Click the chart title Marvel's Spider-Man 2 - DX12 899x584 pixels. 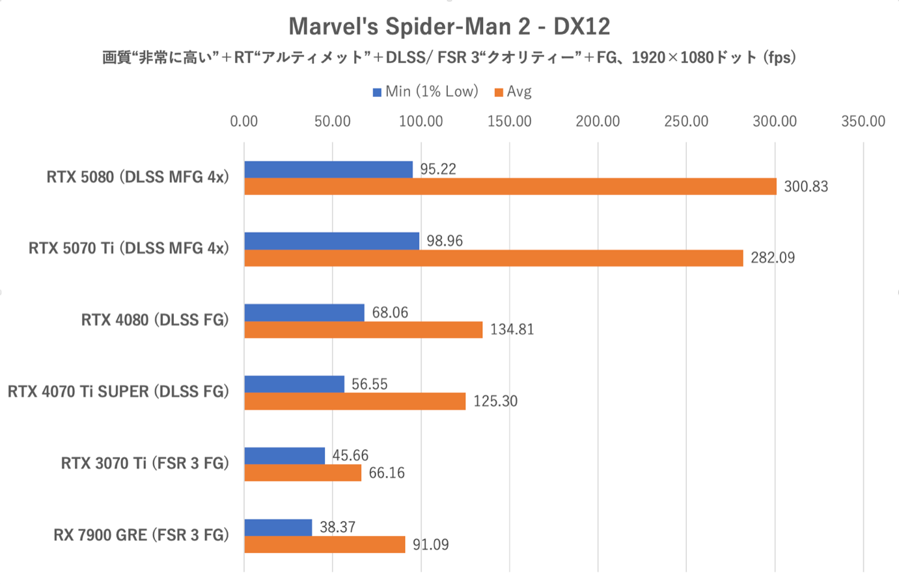click(449, 27)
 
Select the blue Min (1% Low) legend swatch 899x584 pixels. click(377, 92)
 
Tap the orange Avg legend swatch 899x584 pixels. click(499, 92)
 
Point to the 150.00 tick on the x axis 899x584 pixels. click(509, 122)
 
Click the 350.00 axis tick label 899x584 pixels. click(863, 122)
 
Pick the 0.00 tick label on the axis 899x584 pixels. click(244, 122)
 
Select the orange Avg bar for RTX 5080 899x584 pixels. click(510, 187)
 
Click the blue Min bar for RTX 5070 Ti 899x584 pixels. click(332, 241)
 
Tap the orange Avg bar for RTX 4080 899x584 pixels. click(363, 330)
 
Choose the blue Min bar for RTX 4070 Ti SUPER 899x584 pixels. click(294, 384)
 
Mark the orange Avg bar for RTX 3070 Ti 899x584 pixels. click(303, 473)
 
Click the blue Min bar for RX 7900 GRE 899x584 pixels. click(278, 527)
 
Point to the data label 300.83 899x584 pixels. click(806, 187)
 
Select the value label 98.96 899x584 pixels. click(445, 241)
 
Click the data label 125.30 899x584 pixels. click(495, 401)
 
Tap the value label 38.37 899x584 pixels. click(337, 527)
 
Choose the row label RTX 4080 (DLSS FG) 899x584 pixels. click(155, 320)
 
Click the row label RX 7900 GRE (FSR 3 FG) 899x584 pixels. click(141, 535)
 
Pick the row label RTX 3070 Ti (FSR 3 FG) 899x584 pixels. click(145, 463)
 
